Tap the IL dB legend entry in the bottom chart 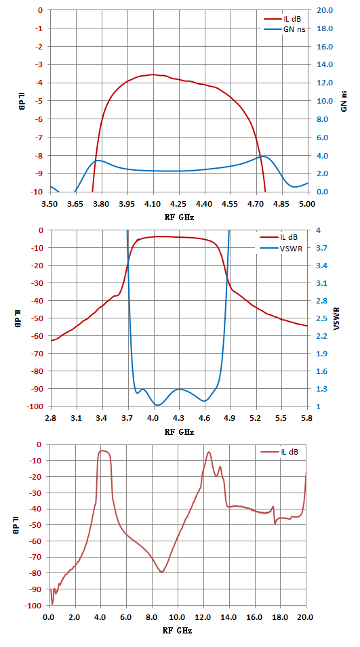(x=283, y=453)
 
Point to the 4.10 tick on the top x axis (x=153, y=204)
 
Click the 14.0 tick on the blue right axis (x=324, y=65)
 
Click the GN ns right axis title (x=344, y=102)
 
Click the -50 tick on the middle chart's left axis (x=37, y=318)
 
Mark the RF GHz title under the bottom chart (x=178, y=631)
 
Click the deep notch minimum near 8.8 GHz (x=162, y=572)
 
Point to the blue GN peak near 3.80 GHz (x=99, y=160)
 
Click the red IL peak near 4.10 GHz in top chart (x=153, y=75)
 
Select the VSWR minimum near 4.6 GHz (x=204, y=401)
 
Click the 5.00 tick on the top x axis (x=308, y=204)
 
